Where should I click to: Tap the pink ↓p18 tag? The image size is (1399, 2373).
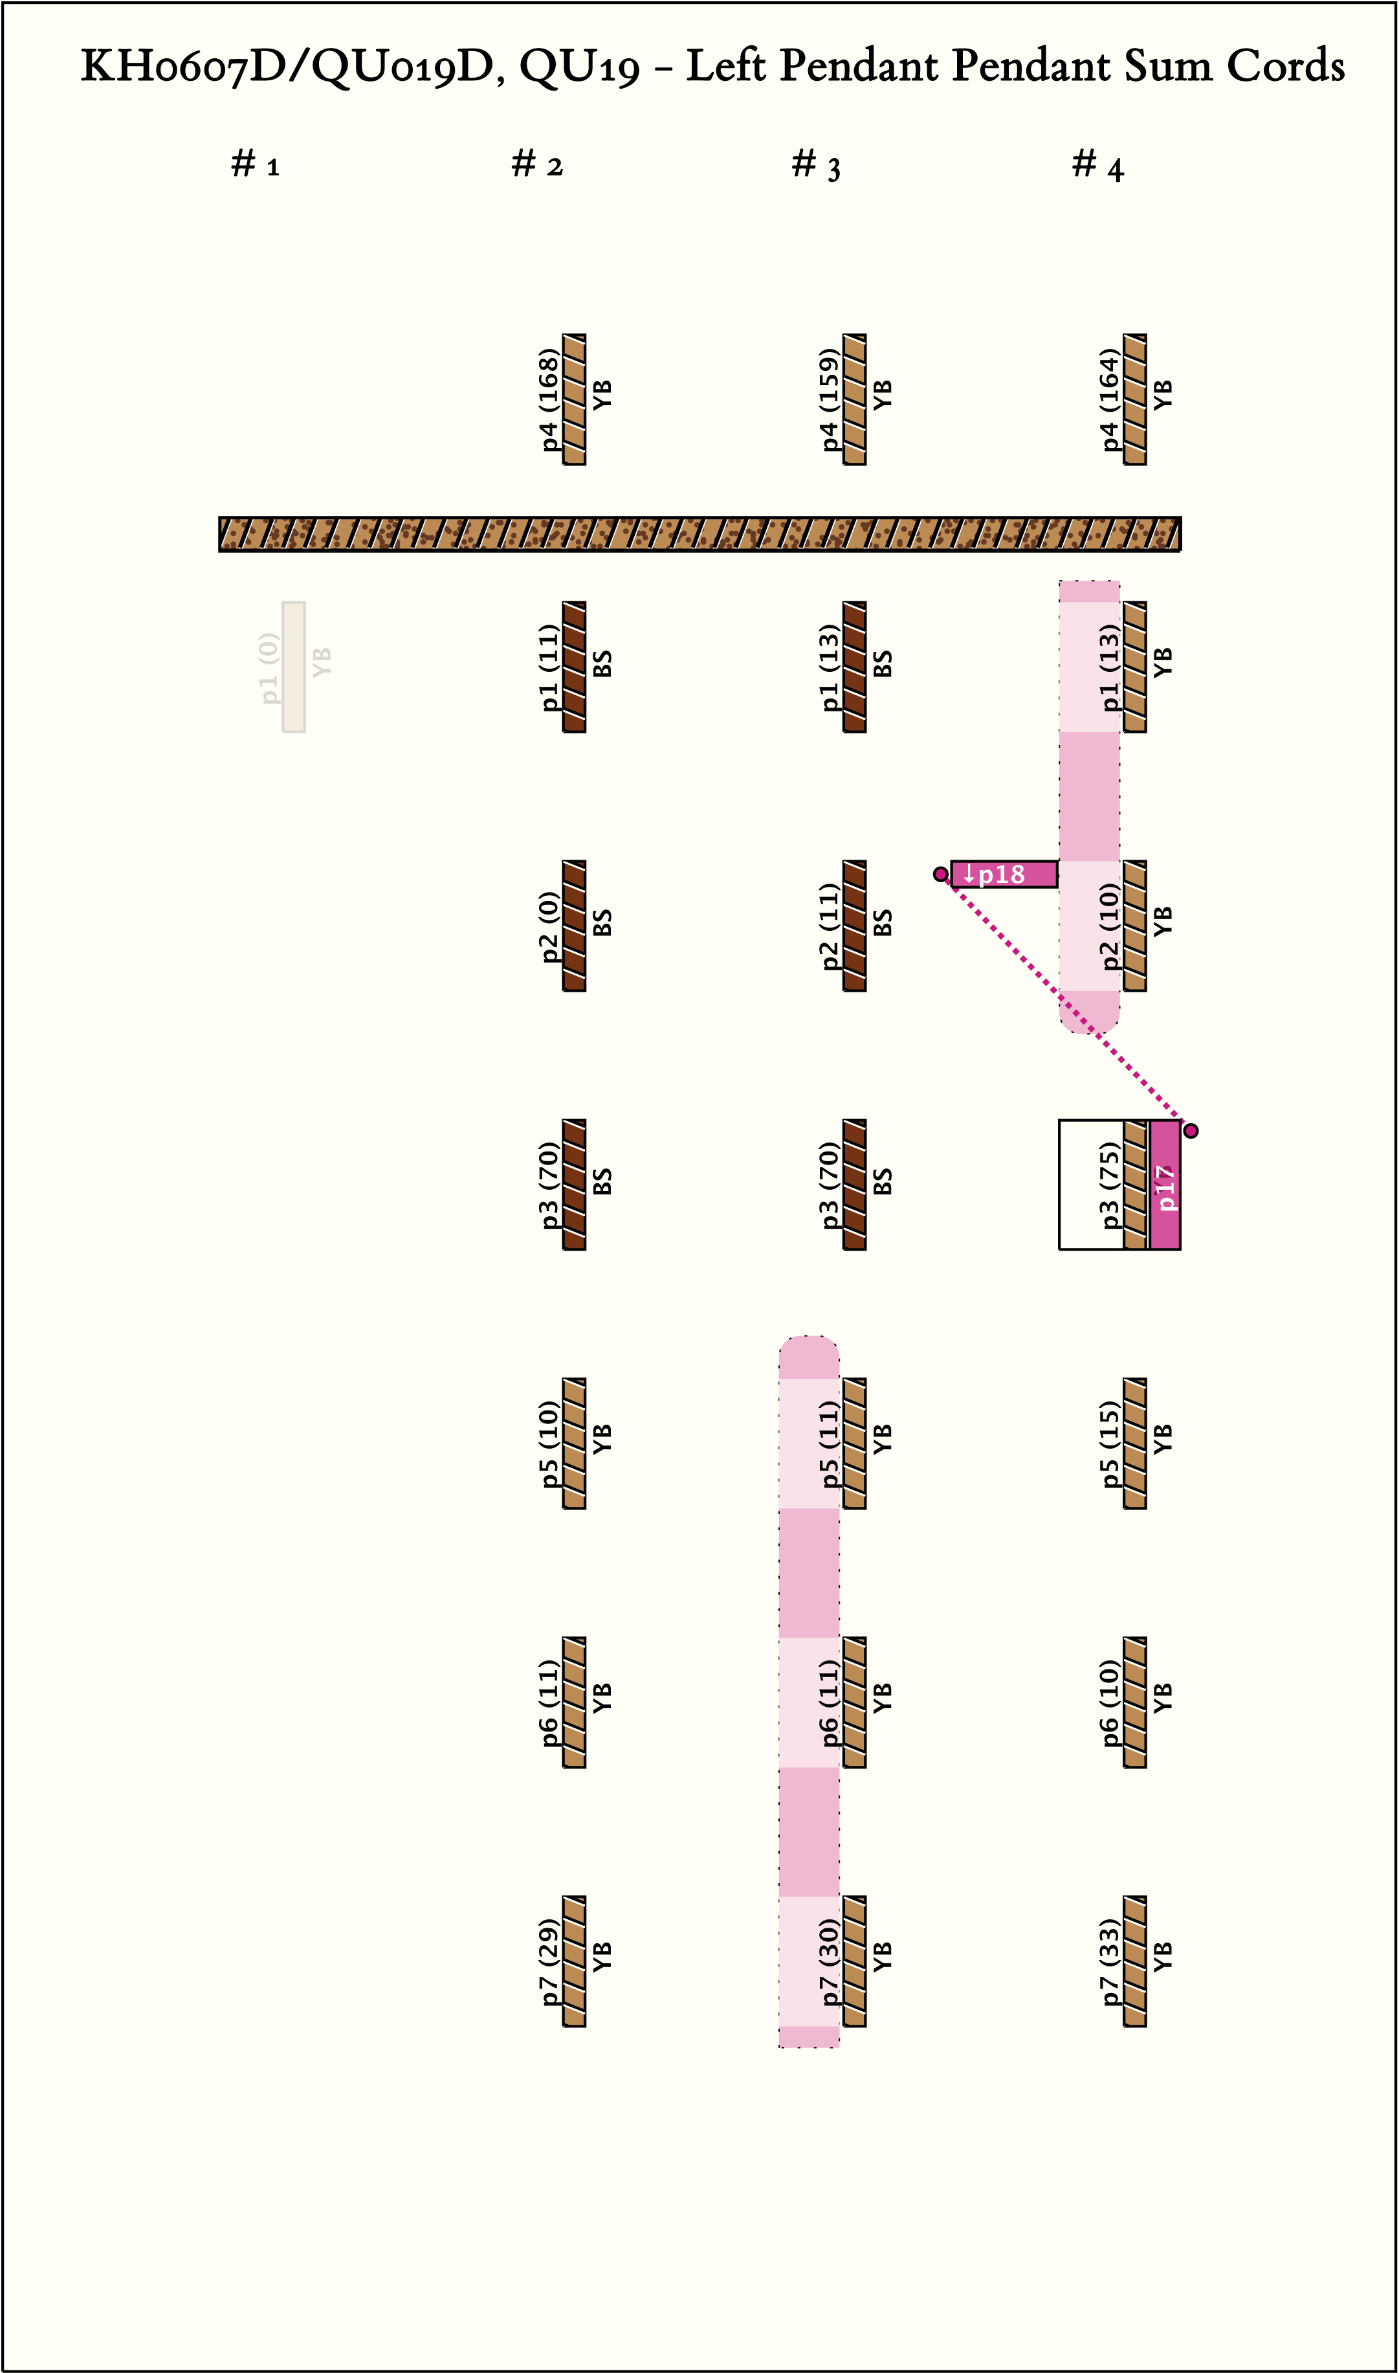tap(1003, 874)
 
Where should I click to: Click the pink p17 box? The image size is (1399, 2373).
tap(1165, 1185)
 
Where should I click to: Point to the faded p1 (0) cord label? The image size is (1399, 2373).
tap(270, 667)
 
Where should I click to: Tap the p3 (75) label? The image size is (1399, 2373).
tap(1110, 1185)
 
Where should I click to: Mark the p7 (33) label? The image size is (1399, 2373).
tap(1110, 1961)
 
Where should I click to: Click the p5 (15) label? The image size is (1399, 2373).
tap(1110, 1443)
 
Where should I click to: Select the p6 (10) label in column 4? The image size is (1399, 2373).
tap(1110, 1702)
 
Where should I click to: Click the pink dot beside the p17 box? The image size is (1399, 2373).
tap(1191, 1130)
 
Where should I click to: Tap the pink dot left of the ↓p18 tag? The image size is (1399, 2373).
tap(940, 874)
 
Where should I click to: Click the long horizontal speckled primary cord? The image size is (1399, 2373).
tap(699, 533)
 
